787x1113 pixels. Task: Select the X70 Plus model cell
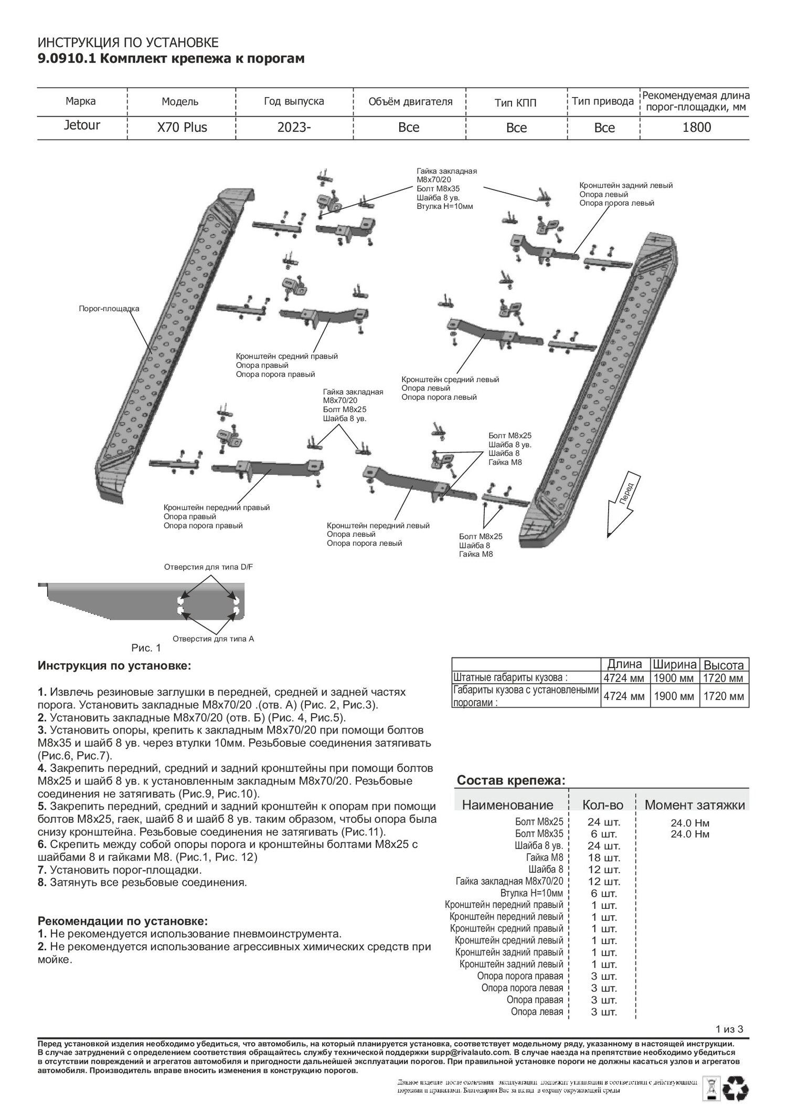182,128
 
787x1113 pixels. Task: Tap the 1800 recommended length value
696,128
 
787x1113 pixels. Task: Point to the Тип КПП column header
516,102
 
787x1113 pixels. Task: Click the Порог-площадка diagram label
109,309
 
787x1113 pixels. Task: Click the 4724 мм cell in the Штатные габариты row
624,679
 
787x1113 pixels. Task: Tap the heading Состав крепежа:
511,780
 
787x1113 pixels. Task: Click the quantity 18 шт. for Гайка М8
603,858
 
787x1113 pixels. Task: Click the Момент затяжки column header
694,805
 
